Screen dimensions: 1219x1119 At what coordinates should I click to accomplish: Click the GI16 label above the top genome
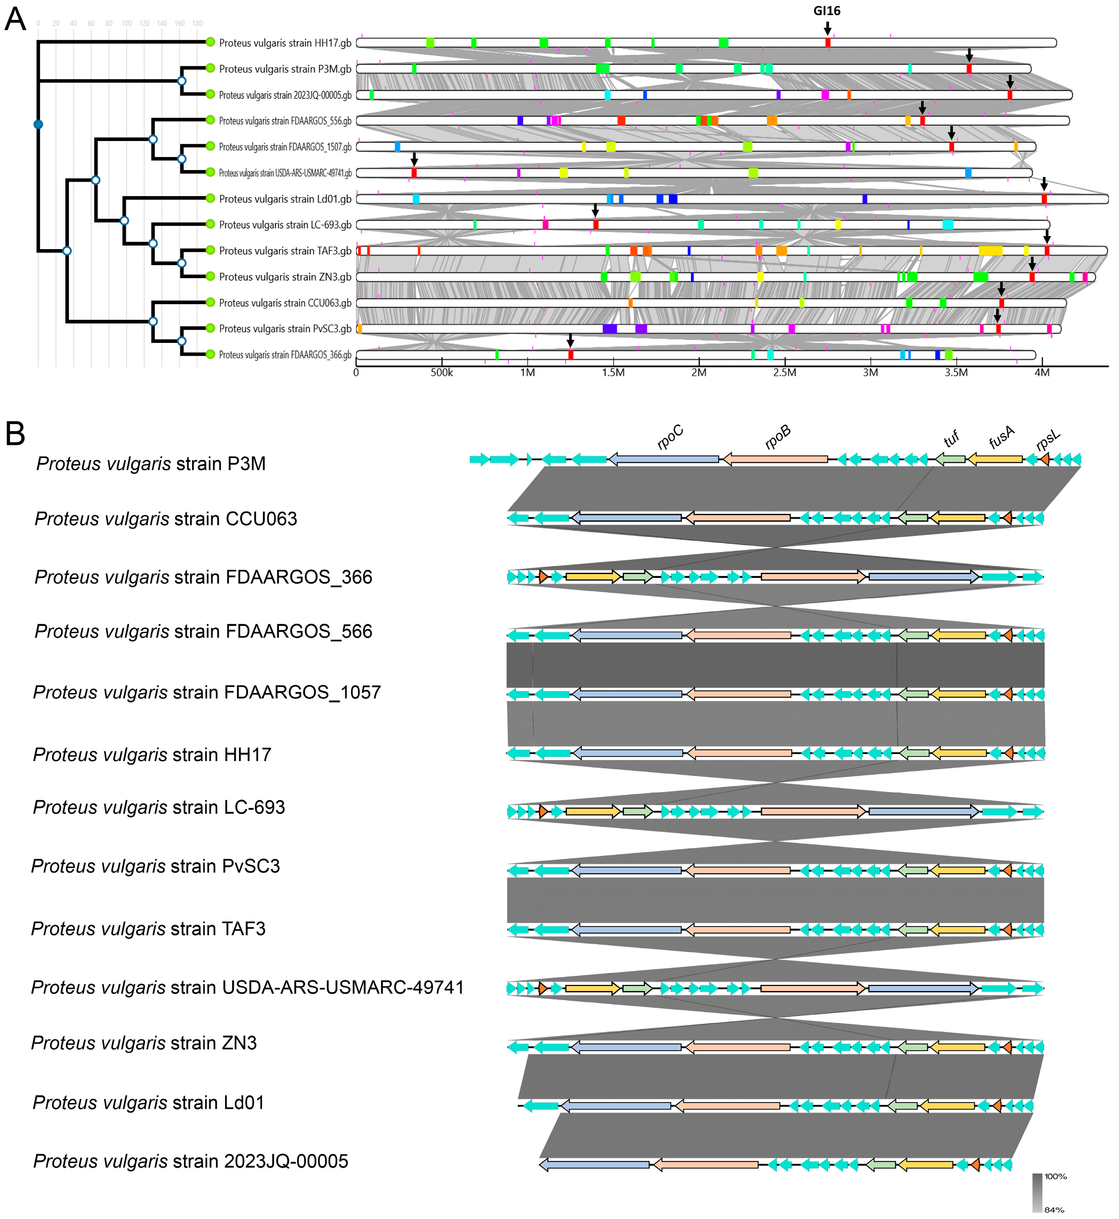(827, 11)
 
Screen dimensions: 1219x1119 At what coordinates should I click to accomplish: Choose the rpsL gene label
(1048, 440)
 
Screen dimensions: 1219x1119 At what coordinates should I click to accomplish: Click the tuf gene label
(952, 439)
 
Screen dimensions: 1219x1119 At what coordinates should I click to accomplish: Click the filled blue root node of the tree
(38, 124)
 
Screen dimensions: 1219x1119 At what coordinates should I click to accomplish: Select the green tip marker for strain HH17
(210, 42)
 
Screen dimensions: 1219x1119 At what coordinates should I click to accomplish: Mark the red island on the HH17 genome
(828, 42)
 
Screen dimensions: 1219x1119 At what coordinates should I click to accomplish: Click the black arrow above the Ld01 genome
(1044, 184)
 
